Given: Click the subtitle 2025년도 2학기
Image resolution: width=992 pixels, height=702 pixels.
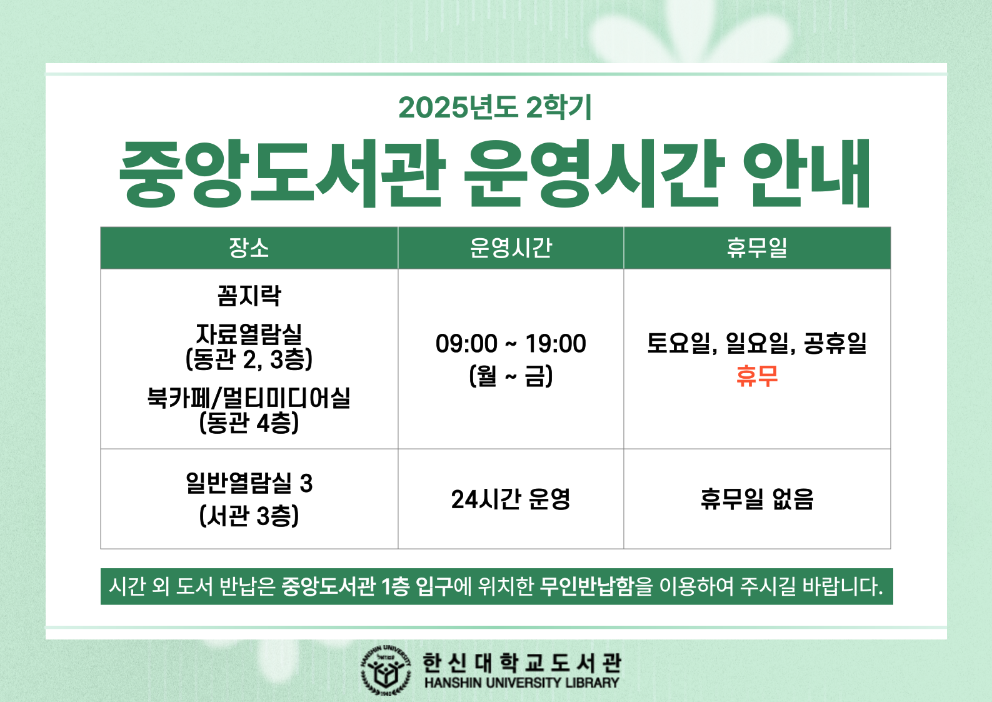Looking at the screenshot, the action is (x=495, y=107).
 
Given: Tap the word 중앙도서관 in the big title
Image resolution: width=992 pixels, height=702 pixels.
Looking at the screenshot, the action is (x=282, y=173).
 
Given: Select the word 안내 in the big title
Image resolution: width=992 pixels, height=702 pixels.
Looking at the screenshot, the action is (x=806, y=173).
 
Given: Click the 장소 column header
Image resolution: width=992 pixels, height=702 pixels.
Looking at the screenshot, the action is (x=249, y=248).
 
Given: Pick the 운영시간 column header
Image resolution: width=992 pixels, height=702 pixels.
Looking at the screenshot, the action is (x=511, y=248).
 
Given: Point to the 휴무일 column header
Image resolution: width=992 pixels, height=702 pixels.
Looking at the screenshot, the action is (x=757, y=248).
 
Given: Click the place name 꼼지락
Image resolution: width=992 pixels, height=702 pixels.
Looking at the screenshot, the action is (x=249, y=296).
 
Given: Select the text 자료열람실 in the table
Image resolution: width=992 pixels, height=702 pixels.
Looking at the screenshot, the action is (x=249, y=334).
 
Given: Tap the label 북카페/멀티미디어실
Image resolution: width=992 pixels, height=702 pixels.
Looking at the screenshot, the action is (x=249, y=398).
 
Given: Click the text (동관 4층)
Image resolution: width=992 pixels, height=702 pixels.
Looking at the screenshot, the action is (x=249, y=423).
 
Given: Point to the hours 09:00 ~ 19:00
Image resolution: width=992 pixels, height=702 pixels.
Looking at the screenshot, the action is (x=511, y=343).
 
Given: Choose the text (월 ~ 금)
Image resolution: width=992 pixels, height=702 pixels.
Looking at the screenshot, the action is (x=511, y=376).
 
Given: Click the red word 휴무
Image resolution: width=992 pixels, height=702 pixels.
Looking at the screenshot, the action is (x=757, y=376).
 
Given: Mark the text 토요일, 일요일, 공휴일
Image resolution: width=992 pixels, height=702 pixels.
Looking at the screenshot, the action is (x=757, y=343).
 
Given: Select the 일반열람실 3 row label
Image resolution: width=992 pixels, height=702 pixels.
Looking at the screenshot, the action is (x=249, y=483).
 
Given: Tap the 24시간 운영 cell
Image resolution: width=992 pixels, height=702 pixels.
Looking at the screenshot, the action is (x=511, y=499).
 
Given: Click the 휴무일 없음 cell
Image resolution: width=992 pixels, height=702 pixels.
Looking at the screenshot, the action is (x=757, y=499).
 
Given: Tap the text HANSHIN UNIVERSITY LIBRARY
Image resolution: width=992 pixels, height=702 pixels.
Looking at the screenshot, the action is (x=522, y=683).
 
